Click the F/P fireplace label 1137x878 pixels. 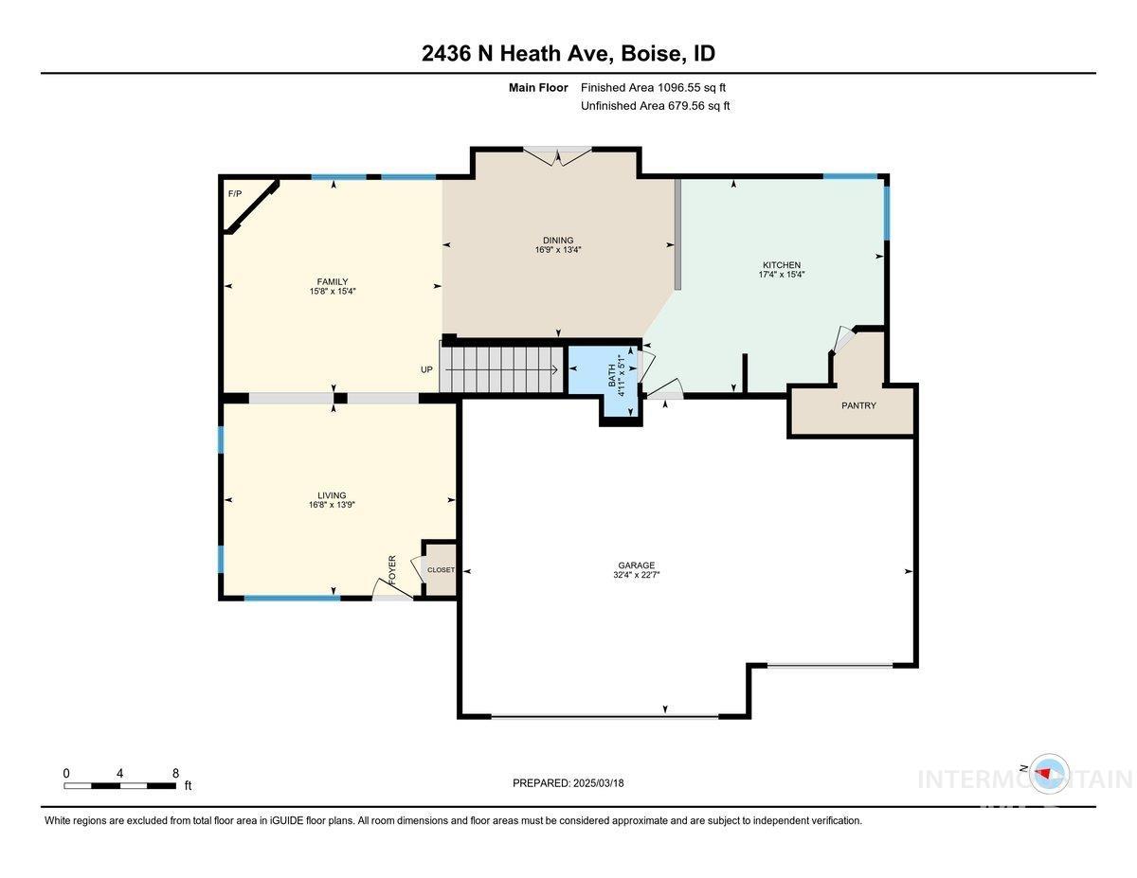235,194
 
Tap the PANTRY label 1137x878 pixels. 858,405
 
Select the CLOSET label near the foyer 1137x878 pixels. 441,570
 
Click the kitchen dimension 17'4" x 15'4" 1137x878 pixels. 782,275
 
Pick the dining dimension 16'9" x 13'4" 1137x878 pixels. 558,251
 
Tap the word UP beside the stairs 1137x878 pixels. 426,369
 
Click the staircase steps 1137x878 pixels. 502,368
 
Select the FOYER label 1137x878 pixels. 392,568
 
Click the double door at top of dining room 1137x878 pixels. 558,155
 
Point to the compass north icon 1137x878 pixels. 1047,772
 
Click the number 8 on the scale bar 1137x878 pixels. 176,773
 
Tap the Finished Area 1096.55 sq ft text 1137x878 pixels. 653,87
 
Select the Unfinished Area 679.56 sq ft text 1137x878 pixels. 655,106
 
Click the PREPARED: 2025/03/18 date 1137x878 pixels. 568,783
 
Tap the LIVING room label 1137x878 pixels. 332,495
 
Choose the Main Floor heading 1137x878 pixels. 538,87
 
